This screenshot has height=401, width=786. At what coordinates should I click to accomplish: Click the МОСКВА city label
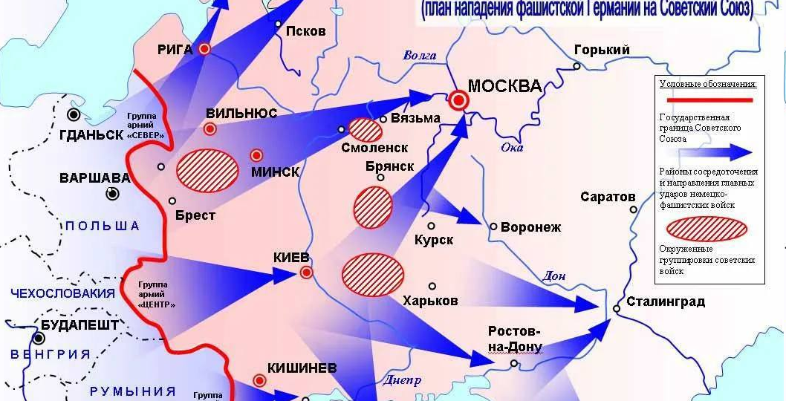tap(504, 85)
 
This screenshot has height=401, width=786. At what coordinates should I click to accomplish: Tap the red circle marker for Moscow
tap(459, 100)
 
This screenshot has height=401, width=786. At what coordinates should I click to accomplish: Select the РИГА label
tap(175, 50)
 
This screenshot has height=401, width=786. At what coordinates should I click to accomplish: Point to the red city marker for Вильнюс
tap(210, 129)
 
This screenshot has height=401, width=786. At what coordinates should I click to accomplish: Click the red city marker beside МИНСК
tap(256, 155)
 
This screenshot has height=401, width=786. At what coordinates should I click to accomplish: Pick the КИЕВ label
tap(293, 258)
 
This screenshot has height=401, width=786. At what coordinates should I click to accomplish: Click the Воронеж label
tap(531, 227)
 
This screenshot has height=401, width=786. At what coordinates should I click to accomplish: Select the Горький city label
tap(602, 50)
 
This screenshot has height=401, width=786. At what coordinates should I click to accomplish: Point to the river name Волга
tap(420, 55)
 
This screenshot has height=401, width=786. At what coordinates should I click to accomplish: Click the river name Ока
tap(512, 147)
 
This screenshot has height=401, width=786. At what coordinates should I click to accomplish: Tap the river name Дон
tap(554, 276)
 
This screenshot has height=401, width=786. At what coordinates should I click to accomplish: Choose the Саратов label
tap(608, 197)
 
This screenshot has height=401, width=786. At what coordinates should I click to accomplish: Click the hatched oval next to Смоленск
tap(366, 130)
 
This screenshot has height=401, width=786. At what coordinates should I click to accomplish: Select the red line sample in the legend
tap(709, 99)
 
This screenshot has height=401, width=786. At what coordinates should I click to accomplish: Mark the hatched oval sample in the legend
tap(707, 229)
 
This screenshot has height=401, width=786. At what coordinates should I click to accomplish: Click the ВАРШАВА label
tap(94, 179)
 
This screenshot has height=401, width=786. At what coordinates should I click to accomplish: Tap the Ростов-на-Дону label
tap(515, 339)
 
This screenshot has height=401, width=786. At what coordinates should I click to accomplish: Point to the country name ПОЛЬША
tap(102, 226)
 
